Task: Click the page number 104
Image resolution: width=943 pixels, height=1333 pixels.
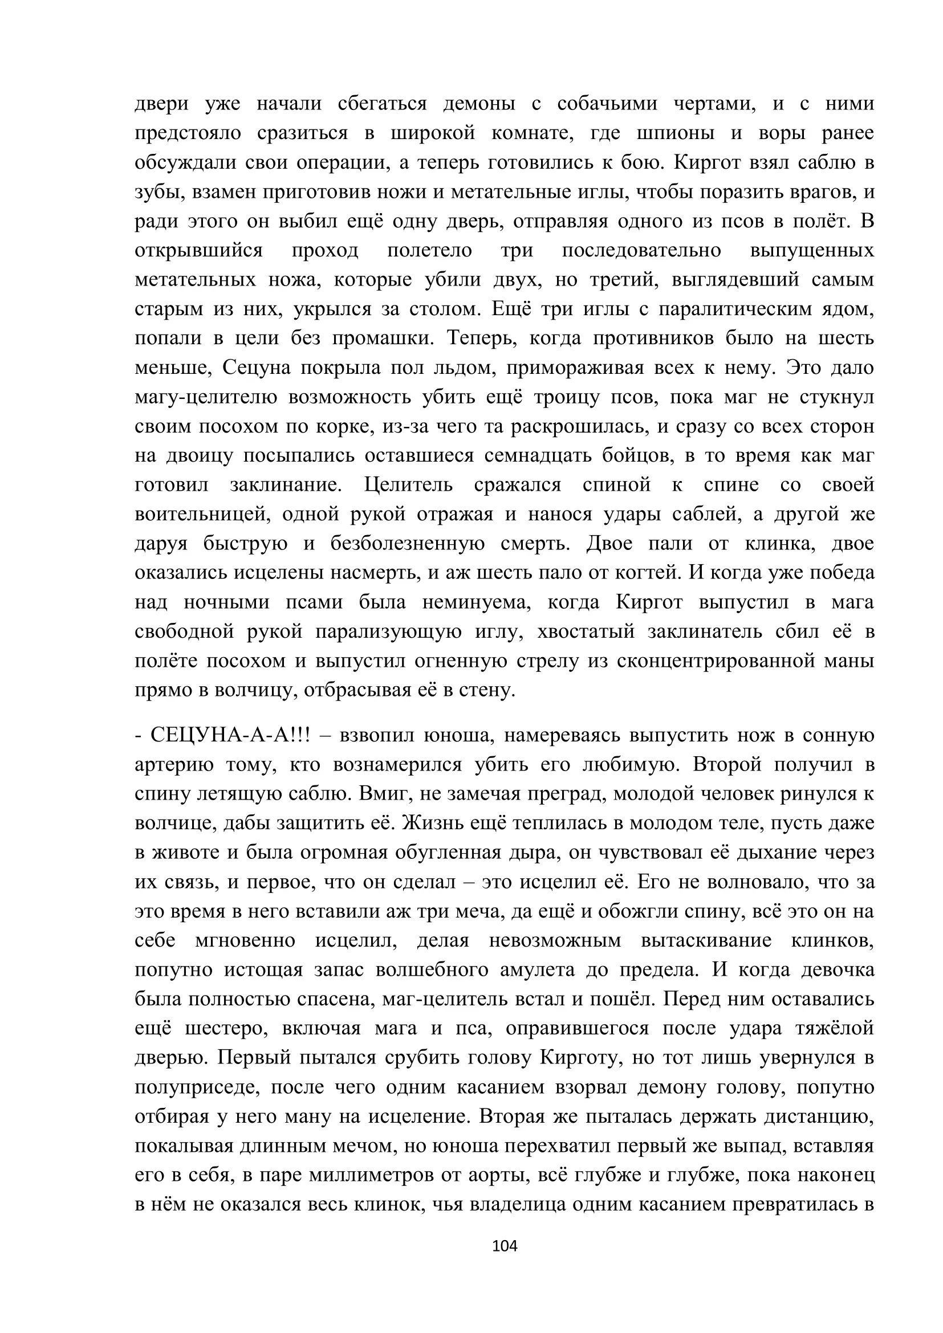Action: click(504, 1245)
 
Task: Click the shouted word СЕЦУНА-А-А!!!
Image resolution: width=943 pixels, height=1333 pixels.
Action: click(230, 735)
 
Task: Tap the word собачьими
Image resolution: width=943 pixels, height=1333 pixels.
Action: click(607, 103)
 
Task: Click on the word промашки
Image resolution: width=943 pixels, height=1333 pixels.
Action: click(383, 338)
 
